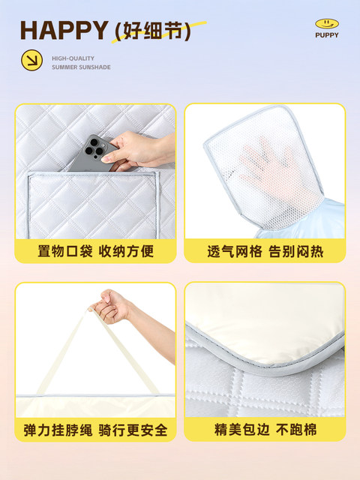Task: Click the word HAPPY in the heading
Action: pyautogui.click(x=64, y=30)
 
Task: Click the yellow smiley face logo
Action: pyautogui.click(x=327, y=23)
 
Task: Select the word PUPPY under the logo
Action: pyautogui.click(x=327, y=35)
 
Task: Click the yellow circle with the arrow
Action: pyautogui.click(x=31, y=60)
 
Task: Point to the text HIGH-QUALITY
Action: pyautogui.click(x=73, y=58)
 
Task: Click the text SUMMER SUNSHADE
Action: pyautogui.click(x=81, y=67)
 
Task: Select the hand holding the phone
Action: pyautogui.click(x=138, y=151)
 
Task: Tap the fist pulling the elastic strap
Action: pyautogui.click(x=112, y=306)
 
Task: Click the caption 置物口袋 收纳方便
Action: pyautogui.click(x=95, y=251)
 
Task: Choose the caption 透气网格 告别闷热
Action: pyautogui.click(x=265, y=252)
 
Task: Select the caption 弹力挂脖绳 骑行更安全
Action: pyautogui.click(x=95, y=430)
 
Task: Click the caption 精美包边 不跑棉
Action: pyautogui.click(x=265, y=429)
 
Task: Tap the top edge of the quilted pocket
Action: pyautogui.click(x=93, y=173)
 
